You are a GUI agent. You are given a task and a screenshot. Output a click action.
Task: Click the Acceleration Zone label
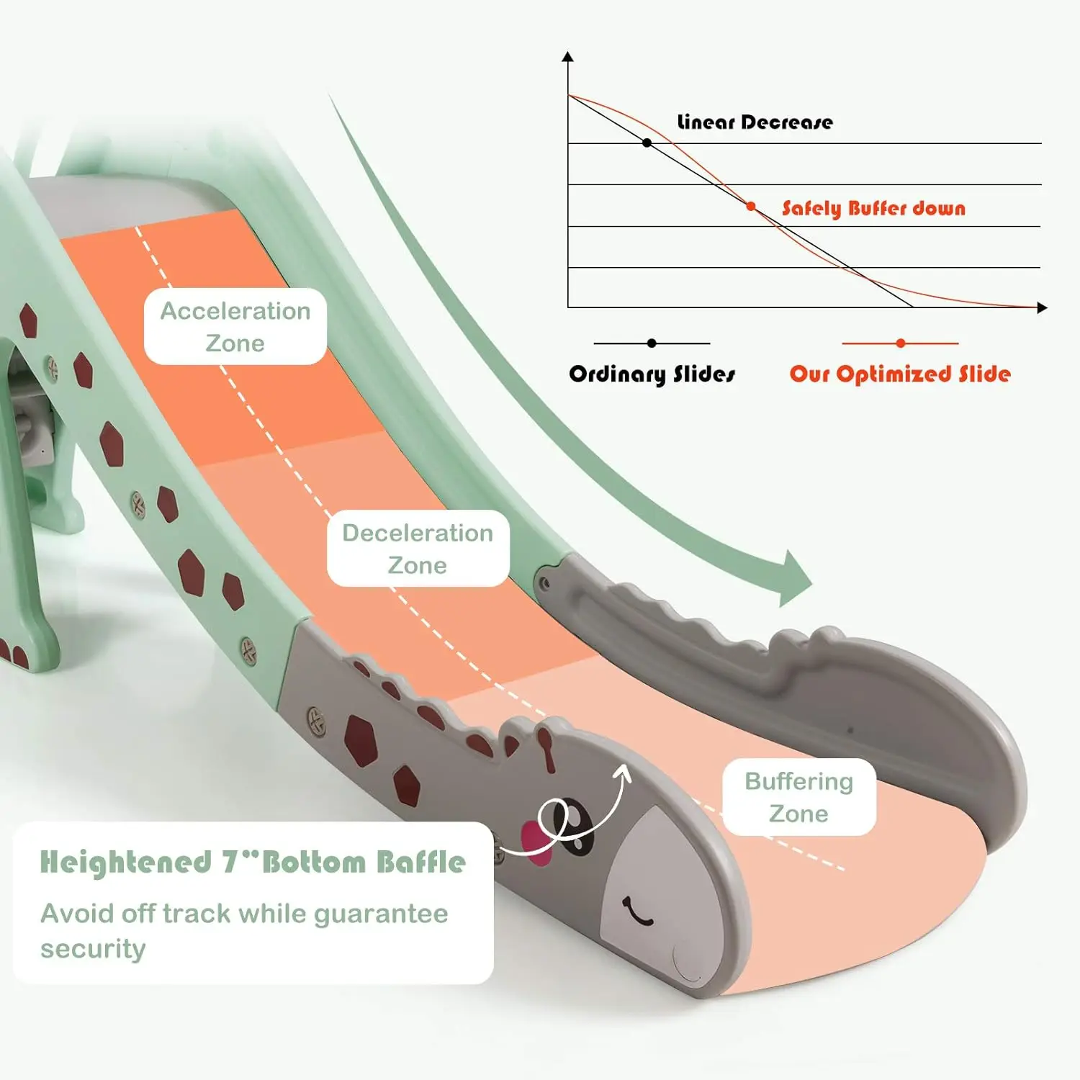click(235, 326)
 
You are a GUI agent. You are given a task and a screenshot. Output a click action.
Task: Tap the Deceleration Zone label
click(418, 548)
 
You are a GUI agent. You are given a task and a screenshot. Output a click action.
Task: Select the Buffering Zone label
click(798, 797)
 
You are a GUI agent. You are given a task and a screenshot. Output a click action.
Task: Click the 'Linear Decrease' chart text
click(755, 122)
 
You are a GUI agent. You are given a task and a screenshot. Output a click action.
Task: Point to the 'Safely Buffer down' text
click(873, 208)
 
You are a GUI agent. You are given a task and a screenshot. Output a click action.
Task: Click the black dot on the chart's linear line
click(647, 143)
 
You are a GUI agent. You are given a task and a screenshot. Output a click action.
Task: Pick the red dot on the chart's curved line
click(751, 207)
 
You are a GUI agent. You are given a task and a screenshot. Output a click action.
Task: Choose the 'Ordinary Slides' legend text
click(652, 374)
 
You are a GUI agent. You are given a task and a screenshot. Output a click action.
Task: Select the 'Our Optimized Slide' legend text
click(900, 374)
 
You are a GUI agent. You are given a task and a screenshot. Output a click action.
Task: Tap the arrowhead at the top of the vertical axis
click(568, 56)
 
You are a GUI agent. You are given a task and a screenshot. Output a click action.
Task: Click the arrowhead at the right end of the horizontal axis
click(1042, 307)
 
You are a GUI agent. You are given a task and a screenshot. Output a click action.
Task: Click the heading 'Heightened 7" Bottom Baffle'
click(253, 862)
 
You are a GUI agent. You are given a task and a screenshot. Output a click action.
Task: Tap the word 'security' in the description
click(93, 949)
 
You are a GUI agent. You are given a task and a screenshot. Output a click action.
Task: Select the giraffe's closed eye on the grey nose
click(637, 913)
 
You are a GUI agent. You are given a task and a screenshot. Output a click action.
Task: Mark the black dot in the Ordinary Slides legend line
click(652, 343)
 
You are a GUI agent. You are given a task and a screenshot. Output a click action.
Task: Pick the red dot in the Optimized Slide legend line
click(900, 343)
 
